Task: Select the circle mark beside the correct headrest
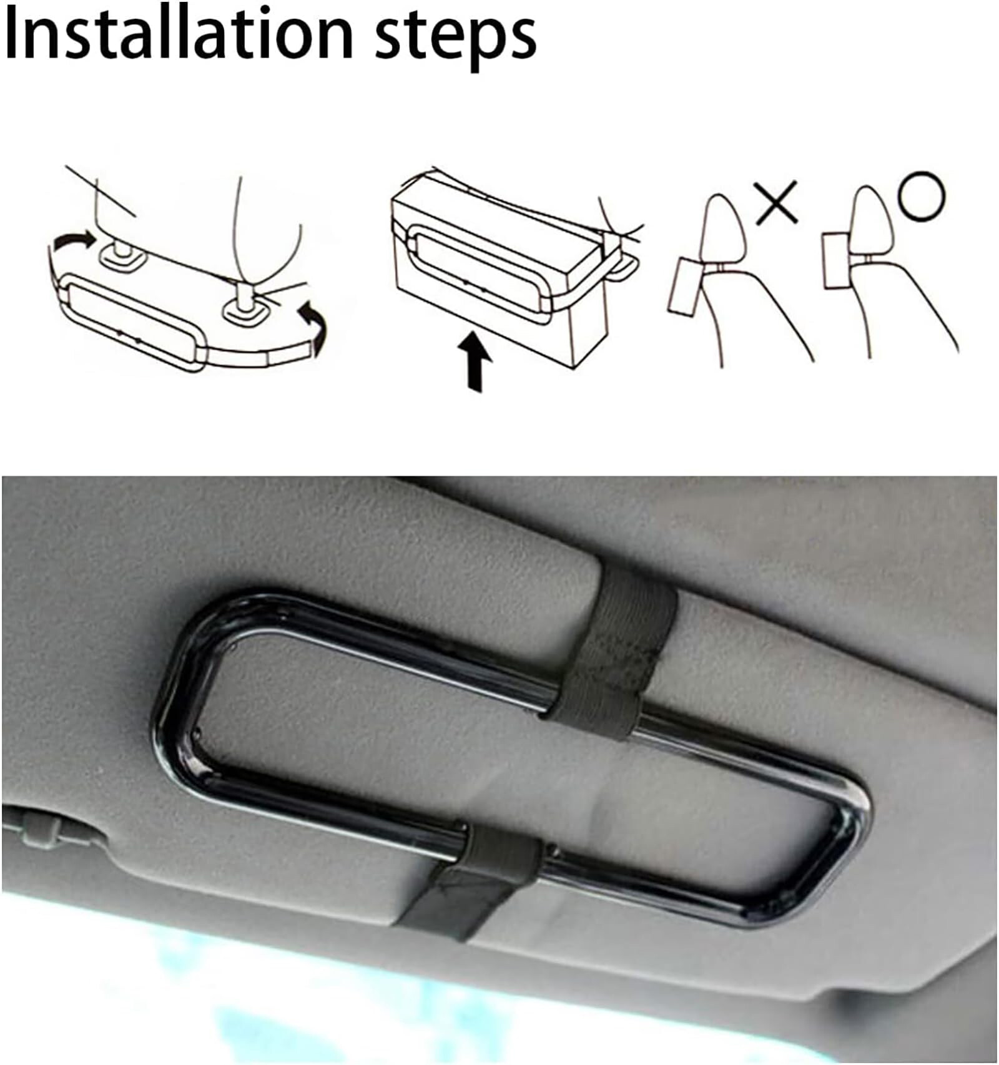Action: (922, 196)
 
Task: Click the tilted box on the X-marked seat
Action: (686, 287)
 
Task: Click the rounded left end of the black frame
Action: (172, 712)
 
